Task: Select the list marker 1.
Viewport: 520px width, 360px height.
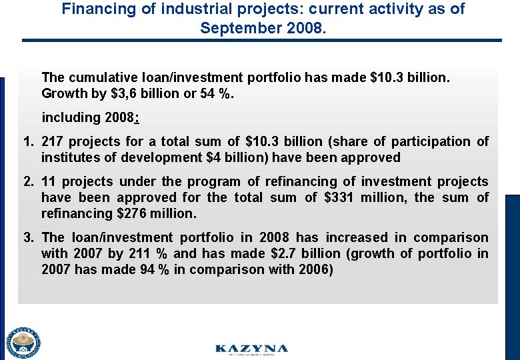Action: pyautogui.click(x=28, y=141)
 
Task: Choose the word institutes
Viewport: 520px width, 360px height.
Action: pyautogui.click(x=69, y=157)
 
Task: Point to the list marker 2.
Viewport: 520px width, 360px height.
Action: pyautogui.click(x=28, y=181)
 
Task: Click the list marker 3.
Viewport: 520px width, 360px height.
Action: pyautogui.click(x=28, y=237)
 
